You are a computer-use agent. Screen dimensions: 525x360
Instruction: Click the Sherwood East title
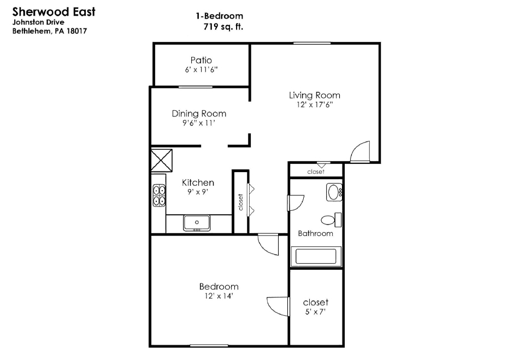pyautogui.click(x=54, y=11)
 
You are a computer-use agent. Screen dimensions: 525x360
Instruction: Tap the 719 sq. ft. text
pyautogui.click(x=223, y=26)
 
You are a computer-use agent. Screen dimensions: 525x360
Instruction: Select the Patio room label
pyautogui.click(x=201, y=60)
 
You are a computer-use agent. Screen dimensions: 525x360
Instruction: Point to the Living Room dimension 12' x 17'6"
pyautogui.click(x=314, y=104)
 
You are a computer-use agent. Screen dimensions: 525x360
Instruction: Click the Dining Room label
pyautogui.click(x=199, y=114)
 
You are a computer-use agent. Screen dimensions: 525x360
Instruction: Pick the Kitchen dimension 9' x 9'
pyautogui.click(x=198, y=192)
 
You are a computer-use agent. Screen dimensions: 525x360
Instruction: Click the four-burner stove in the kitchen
pyautogui.click(x=159, y=196)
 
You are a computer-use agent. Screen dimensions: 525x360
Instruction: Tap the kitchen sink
pyautogui.click(x=197, y=223)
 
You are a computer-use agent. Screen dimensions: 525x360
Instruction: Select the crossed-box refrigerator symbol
pyautogui.click(x=162, y=161)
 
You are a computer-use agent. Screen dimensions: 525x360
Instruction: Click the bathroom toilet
pyautogui.click(x=331, y=220)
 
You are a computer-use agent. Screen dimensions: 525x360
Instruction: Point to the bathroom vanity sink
pyautogui.click(x=334, y=192)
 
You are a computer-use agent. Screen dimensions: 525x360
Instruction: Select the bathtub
pyautogui.click(x=316, y=257)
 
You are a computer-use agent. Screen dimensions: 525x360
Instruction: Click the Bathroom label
pyautogui.click(x=315, y=233)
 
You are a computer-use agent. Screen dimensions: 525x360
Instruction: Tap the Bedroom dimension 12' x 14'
pyautogui.click(x=219, y=296)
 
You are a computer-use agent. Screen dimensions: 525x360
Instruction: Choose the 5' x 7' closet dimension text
pyautogui.click(x=315, y=312)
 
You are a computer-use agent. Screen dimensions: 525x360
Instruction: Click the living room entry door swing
pyautogui.click(x=360, y=152)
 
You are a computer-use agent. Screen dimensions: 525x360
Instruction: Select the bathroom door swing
pyautogui.click(x=296, y=203)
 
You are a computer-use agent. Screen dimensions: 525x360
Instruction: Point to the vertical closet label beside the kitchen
pyautogui.click(x=240, y=202)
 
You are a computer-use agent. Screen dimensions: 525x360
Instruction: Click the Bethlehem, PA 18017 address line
pyautogui.click(x=50, y=31)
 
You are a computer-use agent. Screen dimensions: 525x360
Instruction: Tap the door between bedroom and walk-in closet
pyautogui.click(x=278, y=306)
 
